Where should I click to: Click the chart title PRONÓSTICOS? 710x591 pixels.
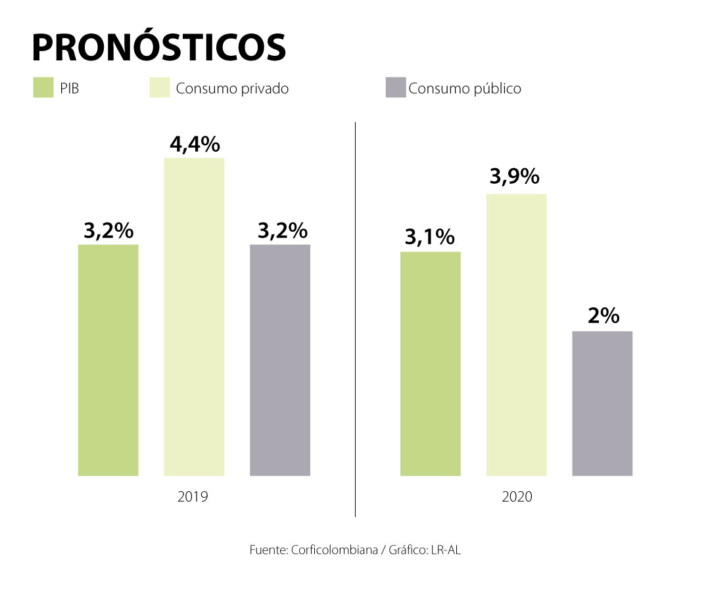[x=158, y=47]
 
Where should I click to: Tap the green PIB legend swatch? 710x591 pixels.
[x=43, y=88]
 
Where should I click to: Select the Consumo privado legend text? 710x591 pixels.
[x=232, y=89]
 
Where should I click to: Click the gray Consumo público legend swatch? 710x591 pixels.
[x=396, y=88]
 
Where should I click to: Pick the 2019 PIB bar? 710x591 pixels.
[x=108, y=360]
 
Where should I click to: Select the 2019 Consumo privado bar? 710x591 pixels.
[x=194, y=317]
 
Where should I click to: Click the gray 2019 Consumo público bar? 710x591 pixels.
[x=280, y=360]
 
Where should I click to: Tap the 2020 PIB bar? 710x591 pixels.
[x=431, y=363]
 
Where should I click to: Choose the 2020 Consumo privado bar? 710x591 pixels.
[x=517, y=334]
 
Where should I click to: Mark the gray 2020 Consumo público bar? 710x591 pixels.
[x=602, y=403]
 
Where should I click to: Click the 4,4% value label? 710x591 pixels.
[x=195, y=144]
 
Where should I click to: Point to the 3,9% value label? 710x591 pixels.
[x=515, y=177]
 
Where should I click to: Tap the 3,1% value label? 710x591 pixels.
[x=429, y=237]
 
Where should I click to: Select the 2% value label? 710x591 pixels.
[x=603, y=316]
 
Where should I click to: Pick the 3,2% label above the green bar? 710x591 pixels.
[x=108, y=230]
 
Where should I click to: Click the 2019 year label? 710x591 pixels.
[x=193, y=496]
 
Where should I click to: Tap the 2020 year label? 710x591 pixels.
[x=517, y=496]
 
